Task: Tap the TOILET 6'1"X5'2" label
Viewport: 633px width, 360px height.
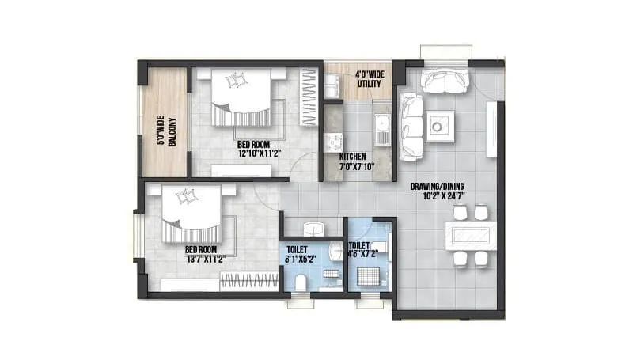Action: [x=303, y=254]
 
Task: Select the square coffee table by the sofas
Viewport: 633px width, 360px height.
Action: [x=440, y=124]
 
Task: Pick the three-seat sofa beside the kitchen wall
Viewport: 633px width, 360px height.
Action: [x=411, y=125]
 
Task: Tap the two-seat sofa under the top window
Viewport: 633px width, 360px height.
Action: [x=445, y=80]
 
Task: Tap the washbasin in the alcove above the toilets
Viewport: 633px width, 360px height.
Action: [x=314, y=227]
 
